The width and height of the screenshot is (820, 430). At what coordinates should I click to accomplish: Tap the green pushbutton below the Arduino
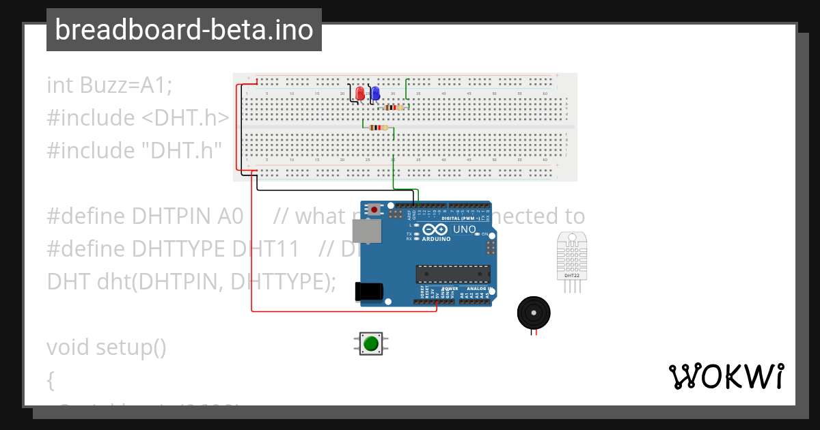(x=371, y=343)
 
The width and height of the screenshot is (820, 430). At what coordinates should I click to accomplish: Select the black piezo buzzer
(x=533, y=313)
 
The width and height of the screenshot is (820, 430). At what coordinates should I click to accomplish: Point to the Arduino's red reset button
(x=374, y=209)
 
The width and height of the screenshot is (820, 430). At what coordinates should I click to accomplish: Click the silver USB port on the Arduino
(x=366, y=231)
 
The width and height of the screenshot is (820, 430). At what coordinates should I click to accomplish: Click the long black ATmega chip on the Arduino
(x=453, y=274)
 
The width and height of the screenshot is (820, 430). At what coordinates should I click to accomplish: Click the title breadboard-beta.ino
(x=184, y=30)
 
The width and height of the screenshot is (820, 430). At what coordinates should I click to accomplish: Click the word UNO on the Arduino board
(x=465, y=229)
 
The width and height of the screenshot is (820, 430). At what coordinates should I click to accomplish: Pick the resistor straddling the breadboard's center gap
(x=377, y=128)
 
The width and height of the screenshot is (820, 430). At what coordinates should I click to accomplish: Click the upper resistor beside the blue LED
(x=394, y=107)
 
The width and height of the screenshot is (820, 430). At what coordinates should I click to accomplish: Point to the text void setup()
(x=107, y=347)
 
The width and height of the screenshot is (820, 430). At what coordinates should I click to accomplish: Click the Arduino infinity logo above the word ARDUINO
(x=435, y=230)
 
